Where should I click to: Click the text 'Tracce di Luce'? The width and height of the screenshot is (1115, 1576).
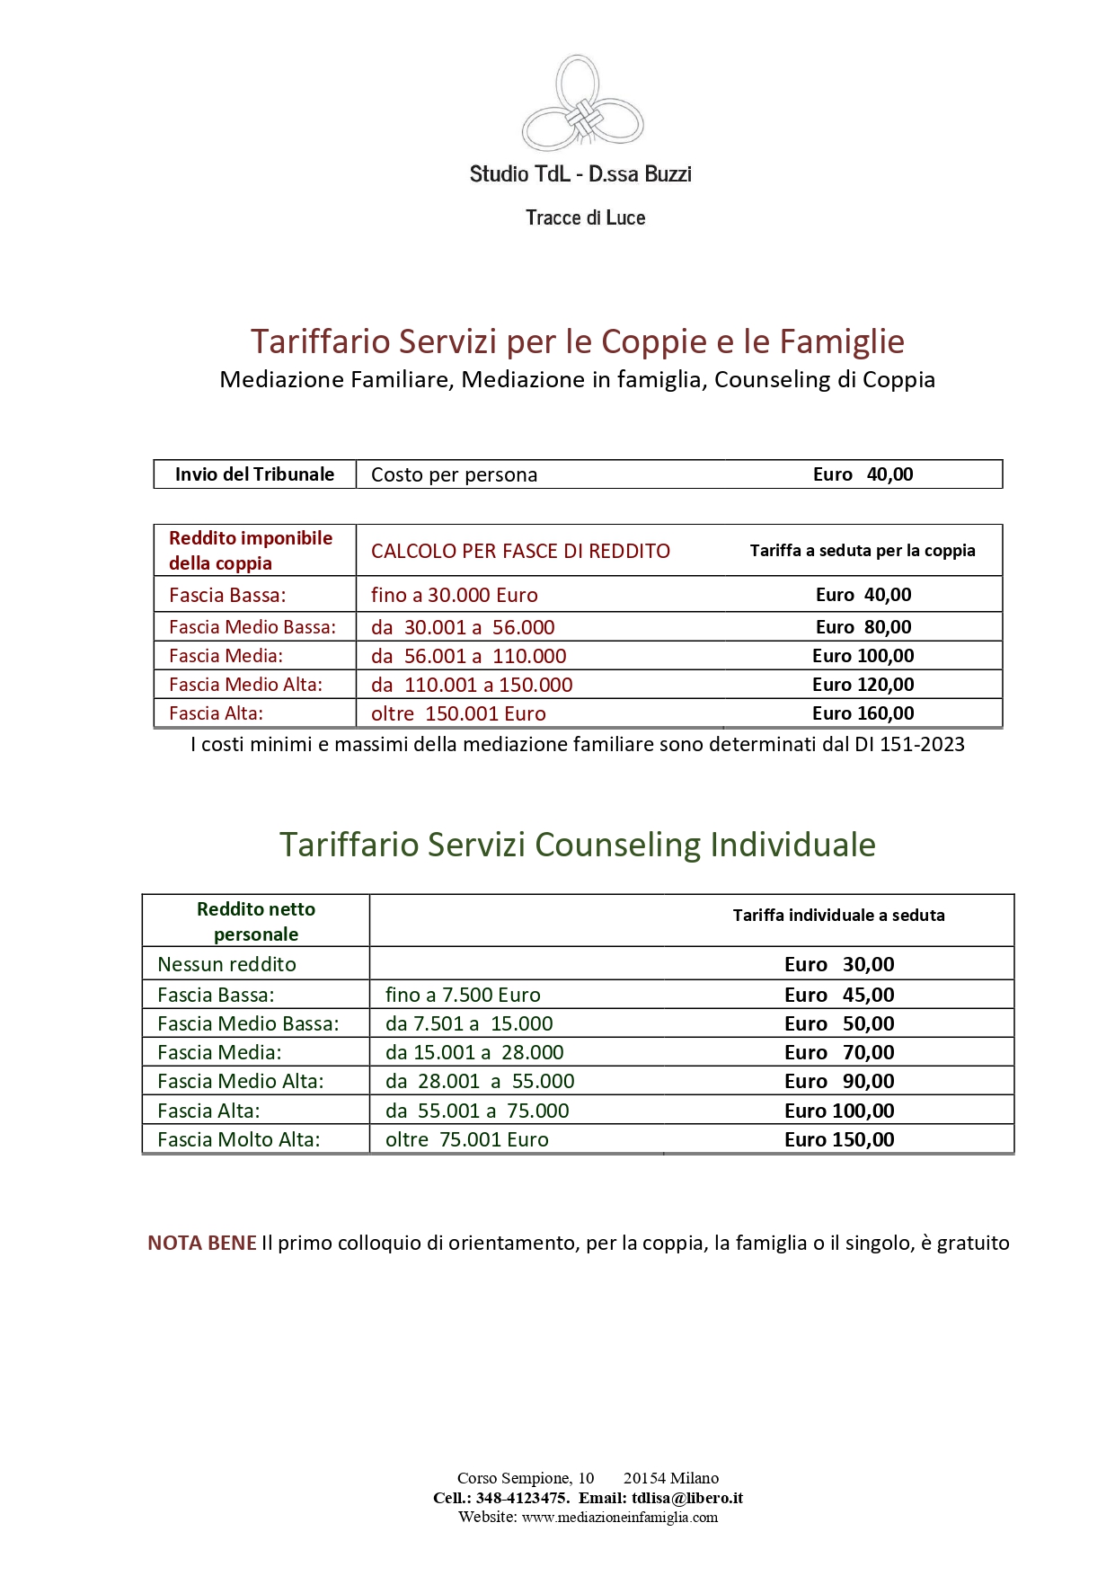(585, 217)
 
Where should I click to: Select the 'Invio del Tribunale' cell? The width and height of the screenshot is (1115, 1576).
(254, 474)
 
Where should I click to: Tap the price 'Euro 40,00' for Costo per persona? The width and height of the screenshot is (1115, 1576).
(863, 474)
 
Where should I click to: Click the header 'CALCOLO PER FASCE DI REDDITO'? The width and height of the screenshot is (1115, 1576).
(520, 551)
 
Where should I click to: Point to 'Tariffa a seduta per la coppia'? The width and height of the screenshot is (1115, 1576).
(863, 551)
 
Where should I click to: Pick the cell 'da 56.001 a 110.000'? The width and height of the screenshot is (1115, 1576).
(468, 656)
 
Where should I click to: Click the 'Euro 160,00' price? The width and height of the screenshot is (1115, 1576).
(863, 713)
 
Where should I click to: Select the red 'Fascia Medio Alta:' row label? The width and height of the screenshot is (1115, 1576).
(245, 685)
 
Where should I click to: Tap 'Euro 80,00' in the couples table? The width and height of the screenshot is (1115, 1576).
(863, 627)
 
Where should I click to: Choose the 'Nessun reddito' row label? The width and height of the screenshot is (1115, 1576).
(226, 964)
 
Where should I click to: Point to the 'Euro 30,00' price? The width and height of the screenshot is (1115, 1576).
(839, 964)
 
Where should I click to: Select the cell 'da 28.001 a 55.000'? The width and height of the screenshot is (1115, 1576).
(480, 1081)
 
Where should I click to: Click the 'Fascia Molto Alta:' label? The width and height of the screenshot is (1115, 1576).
(238, 1139)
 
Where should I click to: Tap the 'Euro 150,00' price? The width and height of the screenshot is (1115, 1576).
(839, 1139)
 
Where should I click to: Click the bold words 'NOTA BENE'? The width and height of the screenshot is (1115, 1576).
(202, 1243)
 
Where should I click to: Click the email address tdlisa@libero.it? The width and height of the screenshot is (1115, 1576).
(686, 1498)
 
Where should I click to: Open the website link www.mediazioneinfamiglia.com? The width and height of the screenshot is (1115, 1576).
(620, 1517)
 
